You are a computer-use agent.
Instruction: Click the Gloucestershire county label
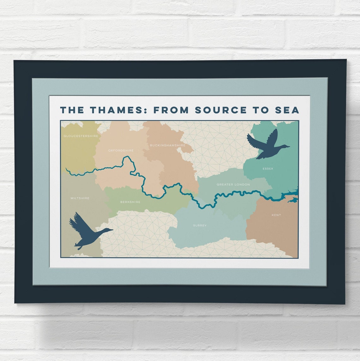[x=81, y=136]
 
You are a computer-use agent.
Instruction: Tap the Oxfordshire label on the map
[x=121, y=151]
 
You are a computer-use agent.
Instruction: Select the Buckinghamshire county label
[x=167, y=145]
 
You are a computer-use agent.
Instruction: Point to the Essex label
[x=268, y=169]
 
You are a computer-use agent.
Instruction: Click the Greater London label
[x=233, y=184]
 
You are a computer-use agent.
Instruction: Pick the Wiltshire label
[x=80, y=198]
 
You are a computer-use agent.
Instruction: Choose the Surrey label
[x=200, y=226]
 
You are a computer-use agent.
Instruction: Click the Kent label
[x=276, y=215]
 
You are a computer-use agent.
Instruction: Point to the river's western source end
[x=66, y=170]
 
